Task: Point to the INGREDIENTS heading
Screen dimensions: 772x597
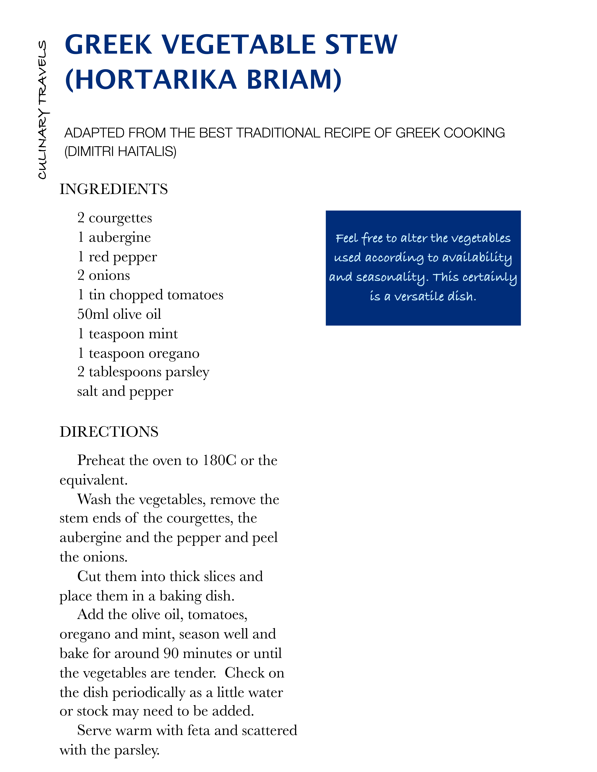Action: [114, 189]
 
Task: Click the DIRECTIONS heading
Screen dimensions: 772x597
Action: [109, 432]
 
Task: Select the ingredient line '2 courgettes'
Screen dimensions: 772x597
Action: [115, 218]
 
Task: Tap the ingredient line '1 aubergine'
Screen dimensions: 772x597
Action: [114, 237]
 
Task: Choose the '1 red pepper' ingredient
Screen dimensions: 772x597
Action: [117, 257]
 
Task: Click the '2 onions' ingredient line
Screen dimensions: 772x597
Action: [104, 275]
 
